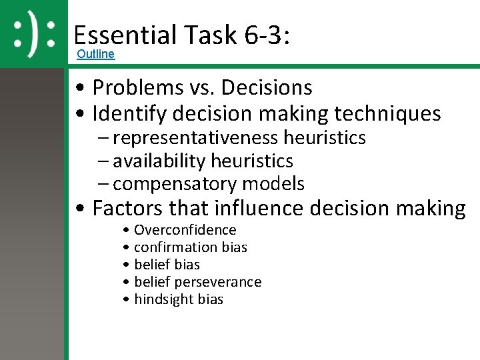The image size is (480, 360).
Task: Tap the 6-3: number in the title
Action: tap(267, 35)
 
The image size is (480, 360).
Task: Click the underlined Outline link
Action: tap(95, 54)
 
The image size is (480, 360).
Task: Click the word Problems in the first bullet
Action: tap(137, 87)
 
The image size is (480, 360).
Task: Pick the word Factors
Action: tap(127, 209)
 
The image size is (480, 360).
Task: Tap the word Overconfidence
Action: tap(185, 230)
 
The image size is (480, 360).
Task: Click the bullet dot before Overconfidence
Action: tap(127, 231)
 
